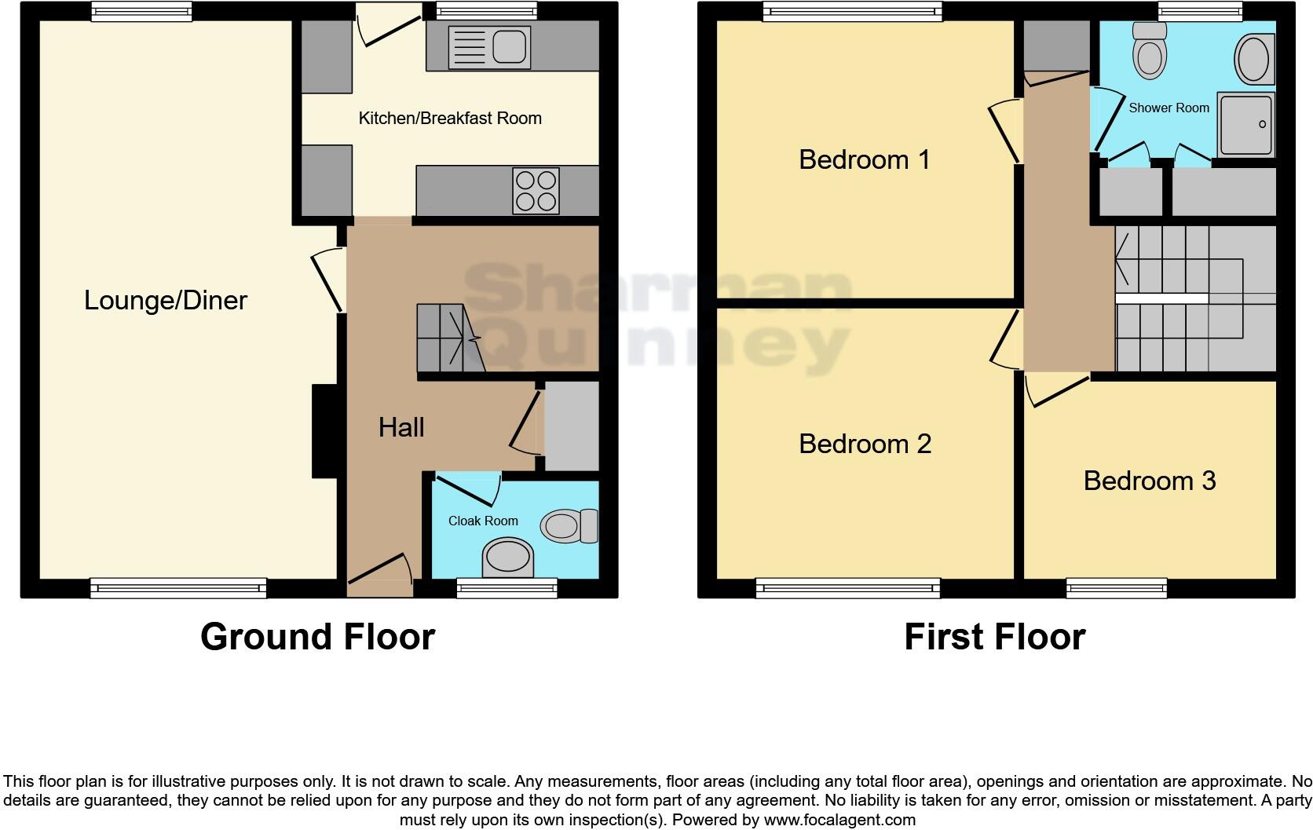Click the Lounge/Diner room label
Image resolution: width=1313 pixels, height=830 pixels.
(166, 301)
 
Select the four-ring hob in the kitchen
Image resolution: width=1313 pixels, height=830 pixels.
(536, 191)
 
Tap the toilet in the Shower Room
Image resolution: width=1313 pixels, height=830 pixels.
(1150, 51)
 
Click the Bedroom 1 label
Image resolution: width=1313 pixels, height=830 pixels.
(864, 159)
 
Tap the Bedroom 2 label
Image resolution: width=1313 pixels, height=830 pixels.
(865, 444)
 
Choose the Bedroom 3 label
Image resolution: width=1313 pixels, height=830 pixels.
(1149, 481)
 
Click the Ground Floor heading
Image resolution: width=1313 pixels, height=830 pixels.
(317, 637)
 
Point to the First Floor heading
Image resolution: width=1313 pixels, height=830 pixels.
(994, 637)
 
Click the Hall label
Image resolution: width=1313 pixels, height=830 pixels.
(401, 427)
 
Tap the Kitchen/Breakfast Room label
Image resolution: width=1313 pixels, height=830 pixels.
(450, 119)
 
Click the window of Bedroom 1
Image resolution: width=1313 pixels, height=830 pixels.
(851, 11)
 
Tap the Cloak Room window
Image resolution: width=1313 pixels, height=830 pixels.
(507, 587)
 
